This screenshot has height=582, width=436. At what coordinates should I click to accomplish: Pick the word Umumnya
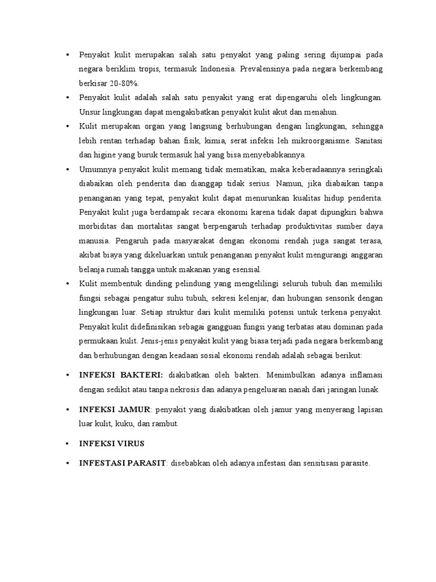click(96, 169)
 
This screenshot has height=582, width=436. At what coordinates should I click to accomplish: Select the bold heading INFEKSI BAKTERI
click(121, 375)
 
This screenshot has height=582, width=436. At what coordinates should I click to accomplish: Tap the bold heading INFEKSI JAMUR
click(115, 410)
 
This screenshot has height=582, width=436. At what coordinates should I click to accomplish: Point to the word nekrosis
click(186, 389)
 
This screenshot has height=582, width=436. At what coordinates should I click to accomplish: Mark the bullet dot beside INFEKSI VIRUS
click(68, 444)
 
